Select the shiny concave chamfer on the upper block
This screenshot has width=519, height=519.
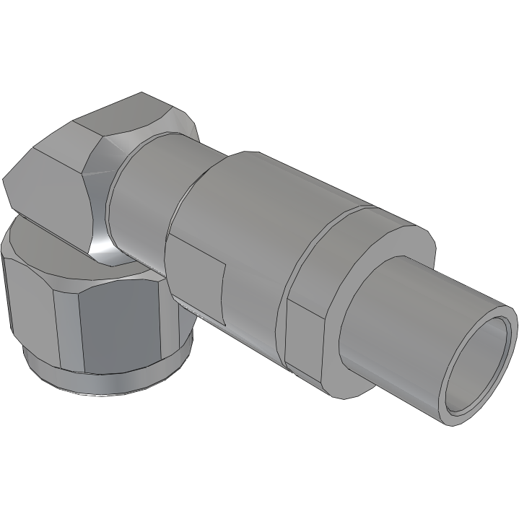pos(97,209)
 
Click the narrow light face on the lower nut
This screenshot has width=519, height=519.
pos(65,318)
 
